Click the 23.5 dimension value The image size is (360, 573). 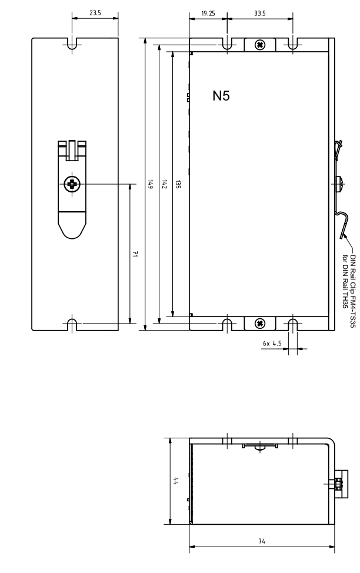pyautogui.click(x=95, y=13)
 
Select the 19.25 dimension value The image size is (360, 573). pyautogui.click(x=208, y=14)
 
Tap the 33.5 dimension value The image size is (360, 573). pyautogui.click(x=260, y=14)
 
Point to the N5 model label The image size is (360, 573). pyautogui.click(x=221, y=96)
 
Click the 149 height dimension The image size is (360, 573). pyautogui.click(x=150, y=184)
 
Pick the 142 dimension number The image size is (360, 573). pyautogui.click(x=164, y=184)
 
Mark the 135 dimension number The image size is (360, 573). pyautogui.click(x=178, y=184)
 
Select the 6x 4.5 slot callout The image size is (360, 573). pyautogui.click(x=272, y=344)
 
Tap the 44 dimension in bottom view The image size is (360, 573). pyautogui.click(x=176, y=481)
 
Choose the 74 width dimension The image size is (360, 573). pyautogui.click(x=262, y=541)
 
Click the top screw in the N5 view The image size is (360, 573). pyautogui.click(x=260, y=45)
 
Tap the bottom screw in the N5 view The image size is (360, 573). pyautogui.click(x=260, y=323)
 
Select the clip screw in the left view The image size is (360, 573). pyautogui.click(x=72, y=184)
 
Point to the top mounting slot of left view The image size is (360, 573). pyautogui.click(x=72, y=45)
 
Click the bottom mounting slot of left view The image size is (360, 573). pyautogui.click(x=72, y=325)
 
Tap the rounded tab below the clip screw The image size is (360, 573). pyautogui.click(x=72, y=226)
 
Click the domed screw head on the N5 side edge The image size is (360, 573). pyautogui.click(x=339, y=184)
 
